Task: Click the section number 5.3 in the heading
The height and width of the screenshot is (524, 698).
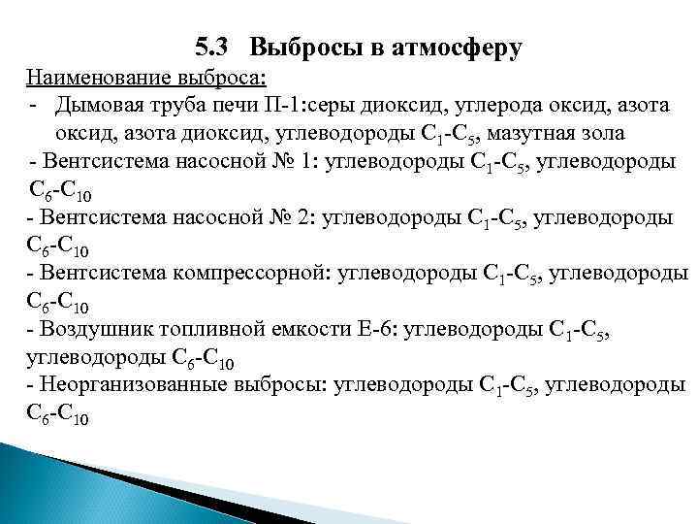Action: click(x=210, y=46)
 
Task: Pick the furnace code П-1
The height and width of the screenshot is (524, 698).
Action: click(x=276, y=104)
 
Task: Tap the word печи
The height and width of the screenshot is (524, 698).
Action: click(x=226, y=104)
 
